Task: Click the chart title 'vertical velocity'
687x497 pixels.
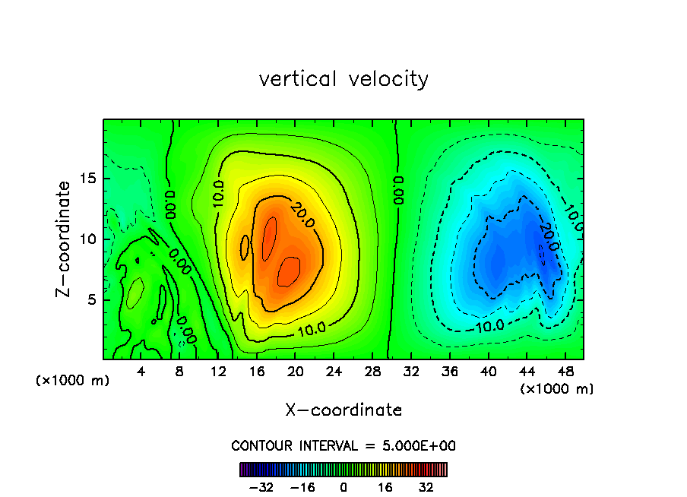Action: coord(343,79)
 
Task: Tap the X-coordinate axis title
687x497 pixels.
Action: coord(343,410)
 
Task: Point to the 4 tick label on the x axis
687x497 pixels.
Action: coord(141,372)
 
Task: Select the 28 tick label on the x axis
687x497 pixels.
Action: coord(372,372)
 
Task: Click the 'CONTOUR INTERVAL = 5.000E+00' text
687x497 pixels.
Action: coord(343,445)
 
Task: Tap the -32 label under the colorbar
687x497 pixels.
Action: coord(261,487)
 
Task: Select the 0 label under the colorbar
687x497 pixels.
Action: coord(343,487)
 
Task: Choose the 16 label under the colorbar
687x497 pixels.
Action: coord(385,487)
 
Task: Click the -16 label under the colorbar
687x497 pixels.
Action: coord(302,487)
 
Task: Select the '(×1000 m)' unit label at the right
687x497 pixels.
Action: coord(557,389)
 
